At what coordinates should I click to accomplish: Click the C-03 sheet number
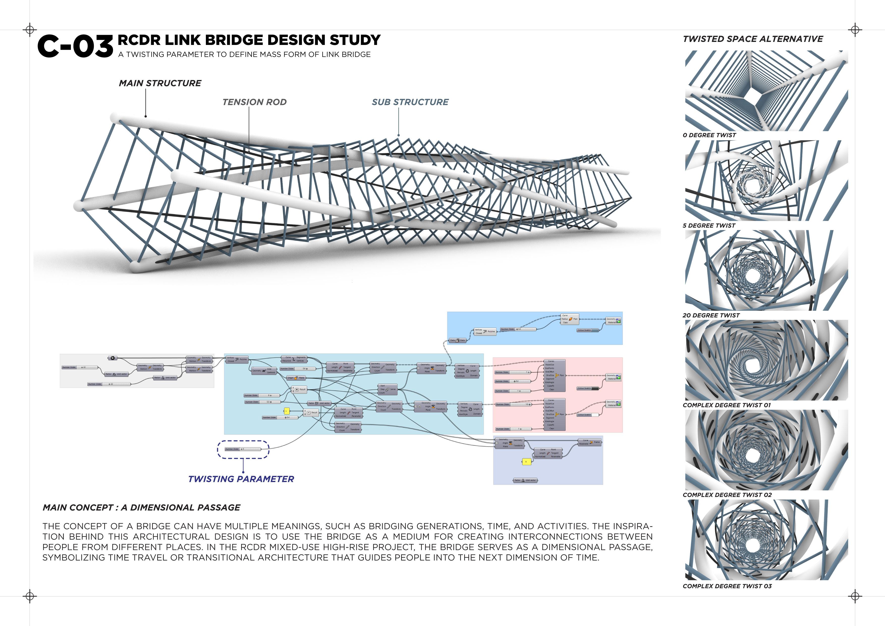pyautogui.click(x=75, y=46)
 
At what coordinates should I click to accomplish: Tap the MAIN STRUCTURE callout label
pyautogui.click(x=160, y=83)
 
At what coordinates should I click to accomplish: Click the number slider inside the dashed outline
pyautogui.click(x=243, y=449)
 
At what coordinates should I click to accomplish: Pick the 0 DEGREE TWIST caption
pyautogui.click(x=709, y=135)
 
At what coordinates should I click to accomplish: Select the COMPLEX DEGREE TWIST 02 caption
pyautogui.click(x=727, y=495)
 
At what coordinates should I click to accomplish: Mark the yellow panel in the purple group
pyautogui.click(x=526, y=462)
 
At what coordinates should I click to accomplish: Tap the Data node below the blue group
pyautogui.click(x=458, y=340)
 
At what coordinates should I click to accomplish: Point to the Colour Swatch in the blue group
pyautogui.click(x=588, y=330)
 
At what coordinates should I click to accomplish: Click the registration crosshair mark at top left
pyautogui.click(x=30, y=30)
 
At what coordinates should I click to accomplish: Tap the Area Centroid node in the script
pyautogui.click(x=264, y=371)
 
